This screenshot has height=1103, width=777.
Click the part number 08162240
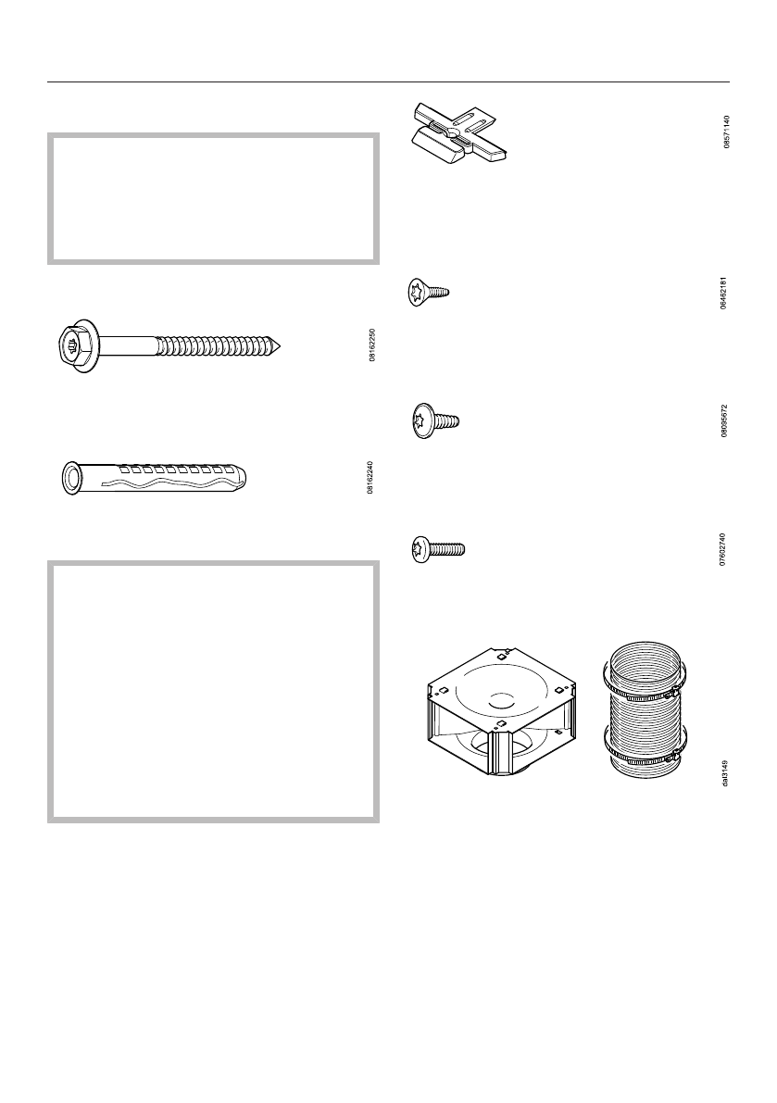[x=371, y=477]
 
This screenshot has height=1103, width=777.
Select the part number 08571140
[x=727, y=132]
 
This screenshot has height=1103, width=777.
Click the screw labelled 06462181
[x=428, y=294]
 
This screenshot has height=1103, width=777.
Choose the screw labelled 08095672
[x=434, y=420]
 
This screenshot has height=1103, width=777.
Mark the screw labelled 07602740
[x=437, y=550]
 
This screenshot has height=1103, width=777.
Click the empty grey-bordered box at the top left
[x=213, y=198]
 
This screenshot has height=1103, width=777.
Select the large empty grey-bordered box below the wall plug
[x=213, y=690]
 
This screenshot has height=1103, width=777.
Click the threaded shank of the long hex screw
[x=218, y=346]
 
